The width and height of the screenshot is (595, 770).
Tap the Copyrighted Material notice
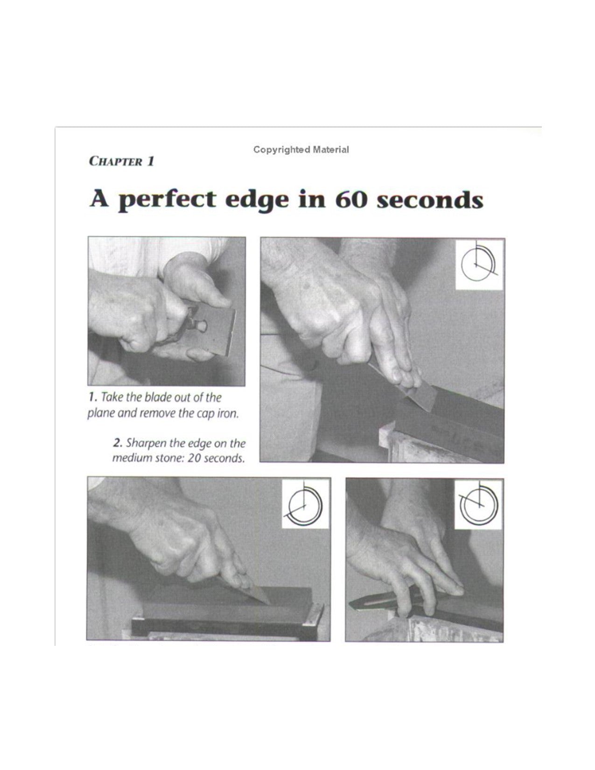(x=301, y=149)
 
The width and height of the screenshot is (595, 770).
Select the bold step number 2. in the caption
(x=118, y=443)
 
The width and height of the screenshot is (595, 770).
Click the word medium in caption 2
(x=130, y=458)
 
